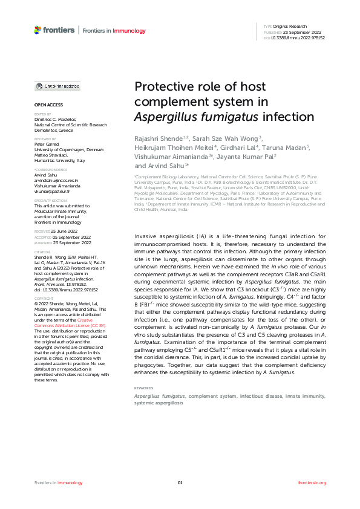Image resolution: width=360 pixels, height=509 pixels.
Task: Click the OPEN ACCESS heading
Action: [45, 105]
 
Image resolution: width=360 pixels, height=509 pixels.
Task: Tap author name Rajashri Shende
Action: [159, 138]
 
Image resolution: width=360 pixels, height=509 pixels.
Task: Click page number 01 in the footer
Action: [180, 483]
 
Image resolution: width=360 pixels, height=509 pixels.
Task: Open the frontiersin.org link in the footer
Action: [312, 483]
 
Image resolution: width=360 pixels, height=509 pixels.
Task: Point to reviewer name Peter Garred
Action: [47, 146]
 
